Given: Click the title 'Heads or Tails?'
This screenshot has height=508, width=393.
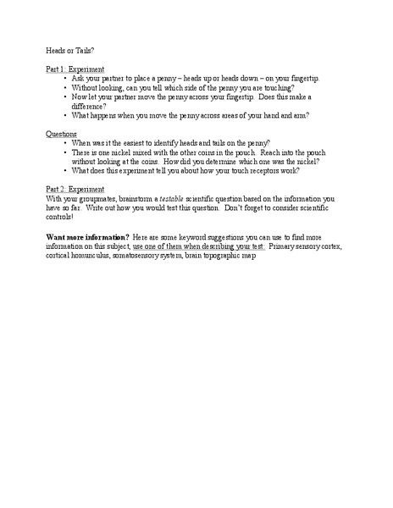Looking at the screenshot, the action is click(71, 51).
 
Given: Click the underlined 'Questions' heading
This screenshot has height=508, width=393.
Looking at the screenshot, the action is click(63, 134).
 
